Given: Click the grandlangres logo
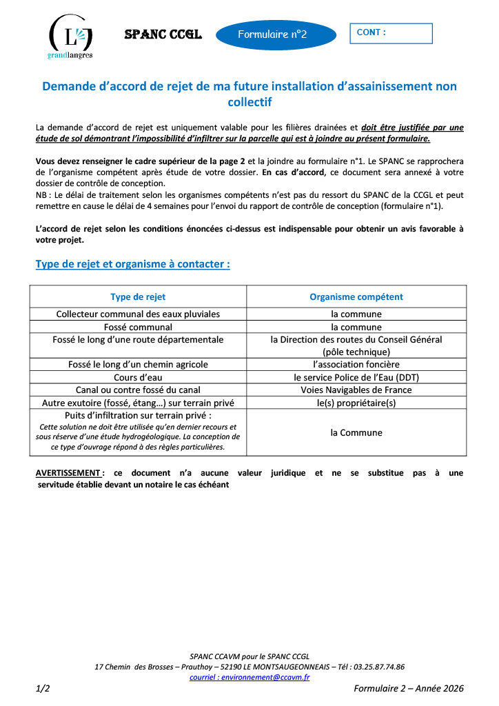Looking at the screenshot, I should [x=70, y=36].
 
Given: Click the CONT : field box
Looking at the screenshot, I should [x=391, y=33].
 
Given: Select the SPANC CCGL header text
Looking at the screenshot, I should [x=163, y=34].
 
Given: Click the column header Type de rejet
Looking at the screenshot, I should [x=138, y=297].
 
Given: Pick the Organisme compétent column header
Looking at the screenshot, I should [x=356, y=297].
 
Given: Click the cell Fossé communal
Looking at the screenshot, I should [x=138, y=327].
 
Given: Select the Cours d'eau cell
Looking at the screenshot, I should [x=138, y=377].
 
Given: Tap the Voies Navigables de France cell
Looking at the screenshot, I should [x=356, y=390].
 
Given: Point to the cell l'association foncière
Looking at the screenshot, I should [x=356, y=364].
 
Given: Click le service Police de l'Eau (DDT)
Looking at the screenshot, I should [x=356, y=377].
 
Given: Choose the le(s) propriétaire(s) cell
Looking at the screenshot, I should [x=356, y=403].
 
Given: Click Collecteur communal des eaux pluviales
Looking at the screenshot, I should [x=138, y=314].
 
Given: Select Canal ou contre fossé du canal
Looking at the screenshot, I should [x=138, y=390].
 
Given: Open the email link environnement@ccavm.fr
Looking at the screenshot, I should [x=250, y=677].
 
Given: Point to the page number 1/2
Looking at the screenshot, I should [x=43, y=688].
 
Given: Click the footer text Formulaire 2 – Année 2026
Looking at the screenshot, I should [x=409, y=688].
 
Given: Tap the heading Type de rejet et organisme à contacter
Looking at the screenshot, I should [x=132, y=264].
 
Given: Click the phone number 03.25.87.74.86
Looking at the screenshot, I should [x=378, y=667].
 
